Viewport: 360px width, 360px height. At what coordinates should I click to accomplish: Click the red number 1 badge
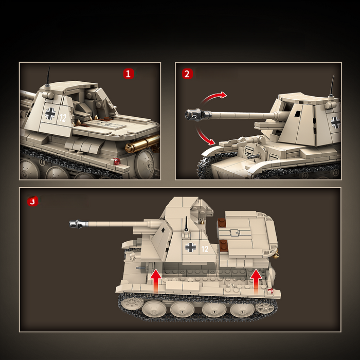click(x=129, y=74)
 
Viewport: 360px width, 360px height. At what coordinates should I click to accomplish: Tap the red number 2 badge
click(x=187, y=74)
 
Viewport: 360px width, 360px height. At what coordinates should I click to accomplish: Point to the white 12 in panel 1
click(x=63, y=117)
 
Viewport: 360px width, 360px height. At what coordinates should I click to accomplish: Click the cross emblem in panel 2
click(x=335, y=122)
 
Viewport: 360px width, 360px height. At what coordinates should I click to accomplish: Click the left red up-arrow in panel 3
click(x=156, y=281)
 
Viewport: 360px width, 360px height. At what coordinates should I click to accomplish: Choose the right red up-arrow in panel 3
click(x=256, y=281)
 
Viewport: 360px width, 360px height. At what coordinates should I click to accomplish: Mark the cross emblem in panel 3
click(x=191, y=247)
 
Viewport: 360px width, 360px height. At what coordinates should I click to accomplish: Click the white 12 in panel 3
click(x=205, y=249)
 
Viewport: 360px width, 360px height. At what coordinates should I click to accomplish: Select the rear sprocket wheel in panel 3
click(x=265, y=308)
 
